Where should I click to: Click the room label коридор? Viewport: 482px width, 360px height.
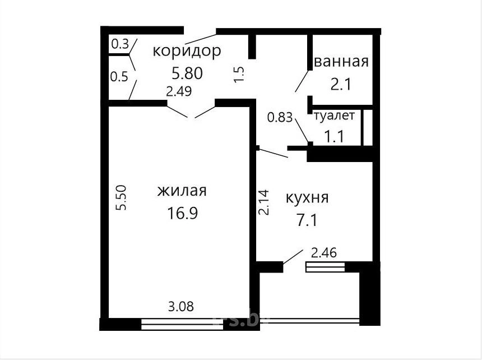pyautogui.click(x=187, y=52)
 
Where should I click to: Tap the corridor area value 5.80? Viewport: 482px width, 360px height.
pyautogui.click(x=187, y=73)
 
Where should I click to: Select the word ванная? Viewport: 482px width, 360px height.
pyautogui.click(x=341, y=62)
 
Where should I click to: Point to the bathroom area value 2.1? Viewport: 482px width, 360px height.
pyautogui.click(x=341, y=84)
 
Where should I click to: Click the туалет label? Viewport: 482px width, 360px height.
pyautogui.click(x=334, y=116)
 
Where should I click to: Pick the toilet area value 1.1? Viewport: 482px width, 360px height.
pyautogui.click(x=335, y=136)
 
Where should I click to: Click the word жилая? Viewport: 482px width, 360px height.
pyautogui.click(x=182, y=191)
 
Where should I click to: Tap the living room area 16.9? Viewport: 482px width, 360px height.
pyautogui.click(x=182, y=213)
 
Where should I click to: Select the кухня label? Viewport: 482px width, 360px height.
pyautogui.click(x=307, y=199)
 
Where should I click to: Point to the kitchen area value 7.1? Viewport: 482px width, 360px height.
pyautogui.click(x=307, y=220)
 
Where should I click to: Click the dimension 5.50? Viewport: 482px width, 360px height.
pyautogui.click(x=121, y=198)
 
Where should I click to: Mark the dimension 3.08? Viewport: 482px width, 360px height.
pyautogui.click(x=181, y=307)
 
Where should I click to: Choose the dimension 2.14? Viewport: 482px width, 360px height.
pyautogui.click(x=264, y=202)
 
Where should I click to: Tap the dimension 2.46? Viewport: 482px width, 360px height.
pyautogui.click(x=324, y=253)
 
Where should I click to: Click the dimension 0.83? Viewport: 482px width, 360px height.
pyautogui.click(x=280, y=117)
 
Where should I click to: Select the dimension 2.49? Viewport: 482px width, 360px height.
pyautogui.click(x=179, y=91)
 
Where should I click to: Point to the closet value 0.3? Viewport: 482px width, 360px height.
pyautogui.click(x=120, y=44)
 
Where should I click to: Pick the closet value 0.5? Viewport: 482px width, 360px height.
pyautogui.click(x=119, y=77)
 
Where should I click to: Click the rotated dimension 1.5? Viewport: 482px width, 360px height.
pyautogui.click(x=239, y=74)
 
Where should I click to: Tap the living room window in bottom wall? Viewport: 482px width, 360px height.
pyautogui.click(x=182, y=324)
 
